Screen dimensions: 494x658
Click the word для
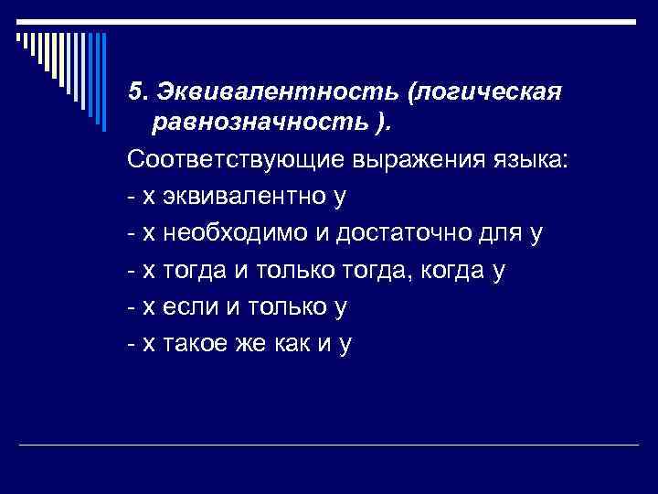click(x=498, y=233)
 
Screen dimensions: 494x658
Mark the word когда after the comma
click(x=451, y=270)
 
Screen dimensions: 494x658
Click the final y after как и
click(x=345, y=345)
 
